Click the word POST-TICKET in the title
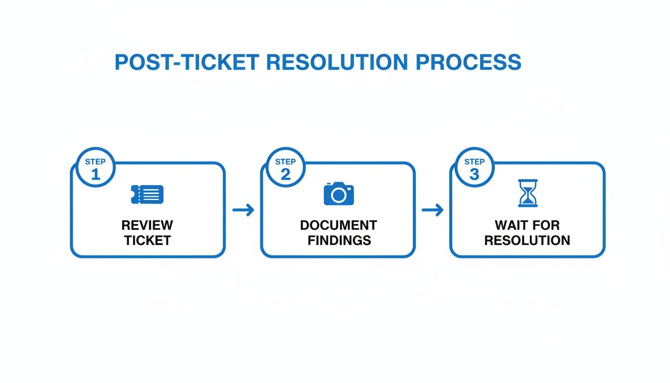click(187, 62)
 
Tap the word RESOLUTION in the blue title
click(337, 62)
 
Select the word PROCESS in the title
click(468, 62)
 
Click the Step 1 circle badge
click(95, 168)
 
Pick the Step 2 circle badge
click(285, 168)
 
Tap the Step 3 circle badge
click(474, 168)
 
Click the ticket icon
click(147, 194)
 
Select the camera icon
click(338, 193)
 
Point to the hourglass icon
click(527, 193)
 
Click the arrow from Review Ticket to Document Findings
click(243, 210)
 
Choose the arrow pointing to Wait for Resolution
click(432, 210)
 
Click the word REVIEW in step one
click(148, 225)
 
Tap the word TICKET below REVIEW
click(148, 240)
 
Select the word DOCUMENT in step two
click(338, 225)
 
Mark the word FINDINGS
click(339, 240)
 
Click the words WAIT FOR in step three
click(527, 225)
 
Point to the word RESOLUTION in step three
click(527, 240)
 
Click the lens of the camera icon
click(338, 195)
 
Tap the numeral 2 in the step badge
click(285, 174)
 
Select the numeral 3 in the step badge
click(474, 174)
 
